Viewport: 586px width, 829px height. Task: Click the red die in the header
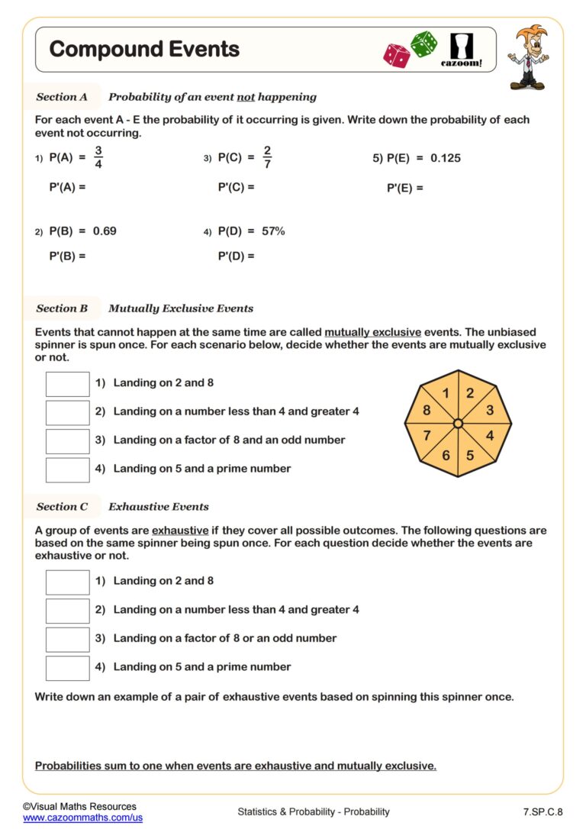[397, 55]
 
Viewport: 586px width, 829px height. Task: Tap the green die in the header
[423, 44]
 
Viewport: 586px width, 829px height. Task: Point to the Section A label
[62, 97]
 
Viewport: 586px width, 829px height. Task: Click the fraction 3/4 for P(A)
[98, 157]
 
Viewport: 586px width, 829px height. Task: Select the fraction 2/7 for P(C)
[267, 157]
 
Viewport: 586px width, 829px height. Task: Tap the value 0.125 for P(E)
[446, 159]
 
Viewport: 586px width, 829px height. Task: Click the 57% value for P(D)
[272, 231]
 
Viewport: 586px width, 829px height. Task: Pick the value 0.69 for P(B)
[105, 231]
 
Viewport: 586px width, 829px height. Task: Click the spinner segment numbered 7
[428, 436]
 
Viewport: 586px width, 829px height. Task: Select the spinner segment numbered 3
[489, 410]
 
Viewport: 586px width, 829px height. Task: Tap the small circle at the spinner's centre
[458, 423]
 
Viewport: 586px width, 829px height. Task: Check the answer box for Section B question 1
[67, 383]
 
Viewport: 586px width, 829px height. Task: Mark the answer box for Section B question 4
[67, 469]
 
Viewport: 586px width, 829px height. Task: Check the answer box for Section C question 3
[67, 638]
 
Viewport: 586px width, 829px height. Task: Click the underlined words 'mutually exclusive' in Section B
[372, 333]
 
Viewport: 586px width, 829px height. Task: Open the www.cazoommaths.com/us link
[82, 818]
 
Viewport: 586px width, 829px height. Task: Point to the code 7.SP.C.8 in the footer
[543, 811]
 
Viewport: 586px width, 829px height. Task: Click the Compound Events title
[144, 50]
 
